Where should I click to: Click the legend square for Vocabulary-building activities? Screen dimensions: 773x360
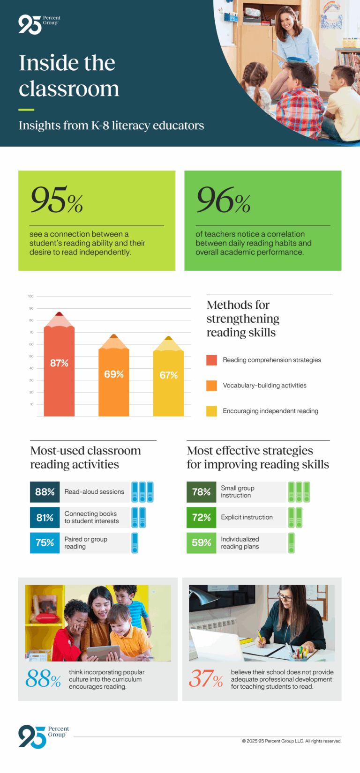tap(211, 386)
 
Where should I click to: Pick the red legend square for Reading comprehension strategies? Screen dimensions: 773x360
tap(211, 360)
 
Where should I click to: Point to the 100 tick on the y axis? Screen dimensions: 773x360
tap(31, 297)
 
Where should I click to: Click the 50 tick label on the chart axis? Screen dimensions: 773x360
tap(31, 357)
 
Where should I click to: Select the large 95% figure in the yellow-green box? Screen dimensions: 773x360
tap(57, 200)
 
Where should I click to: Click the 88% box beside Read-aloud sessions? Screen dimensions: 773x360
tap(45, 492)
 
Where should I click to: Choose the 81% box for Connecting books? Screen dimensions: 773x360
tap(45, 518)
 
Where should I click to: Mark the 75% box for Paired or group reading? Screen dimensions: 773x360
tap(45, 543)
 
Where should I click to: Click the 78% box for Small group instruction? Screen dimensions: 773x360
tap(202, 492)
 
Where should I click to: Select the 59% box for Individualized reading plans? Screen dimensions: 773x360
tap(202, 543)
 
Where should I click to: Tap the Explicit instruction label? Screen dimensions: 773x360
tap(247, 517)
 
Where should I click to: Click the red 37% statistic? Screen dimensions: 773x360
tap(206, 679)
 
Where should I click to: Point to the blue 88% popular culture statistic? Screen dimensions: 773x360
tap(43, 679)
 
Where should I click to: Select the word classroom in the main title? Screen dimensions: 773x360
tap(69, 89)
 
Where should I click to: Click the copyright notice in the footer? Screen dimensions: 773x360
tap(292, 741)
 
